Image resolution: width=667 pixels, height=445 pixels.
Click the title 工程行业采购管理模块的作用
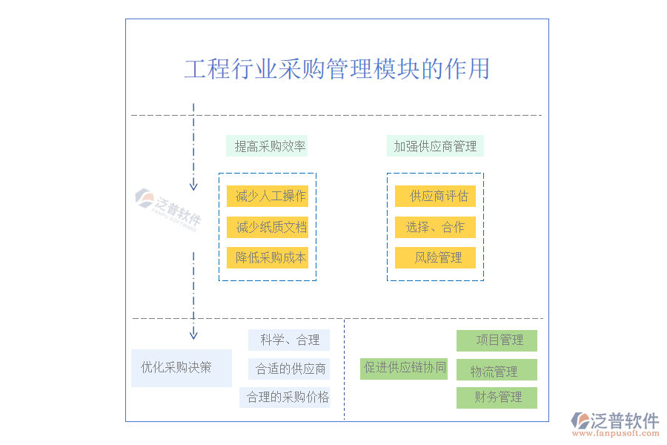pos(336,69)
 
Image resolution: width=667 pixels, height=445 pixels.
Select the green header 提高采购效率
pos(267,146)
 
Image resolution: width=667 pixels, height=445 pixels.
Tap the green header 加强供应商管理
pos(435,146)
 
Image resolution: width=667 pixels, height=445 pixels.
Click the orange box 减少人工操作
pos(268,197)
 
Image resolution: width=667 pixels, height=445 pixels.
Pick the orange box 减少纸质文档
pos(268,227)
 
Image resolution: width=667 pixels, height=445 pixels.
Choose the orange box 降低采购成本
pos(268,257)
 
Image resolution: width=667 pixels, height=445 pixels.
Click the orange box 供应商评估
pos(435,197)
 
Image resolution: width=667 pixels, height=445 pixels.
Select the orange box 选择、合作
pos(435,227)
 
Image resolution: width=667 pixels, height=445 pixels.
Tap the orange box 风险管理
pos(435,257)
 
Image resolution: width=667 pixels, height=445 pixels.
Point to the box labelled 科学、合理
pos(289,340)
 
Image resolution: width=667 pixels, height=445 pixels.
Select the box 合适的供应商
pos(289,369)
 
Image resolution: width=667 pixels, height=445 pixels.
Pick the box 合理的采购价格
pos(285,397)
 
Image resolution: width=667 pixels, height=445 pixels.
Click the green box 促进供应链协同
pos(404,368)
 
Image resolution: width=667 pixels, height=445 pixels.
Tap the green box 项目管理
pos(497,340)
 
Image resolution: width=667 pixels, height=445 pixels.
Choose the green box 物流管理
pos(497,371)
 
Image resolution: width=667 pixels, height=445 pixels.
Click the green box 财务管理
pos(497,398)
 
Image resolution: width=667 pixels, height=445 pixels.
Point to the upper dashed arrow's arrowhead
pos(193,185)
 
